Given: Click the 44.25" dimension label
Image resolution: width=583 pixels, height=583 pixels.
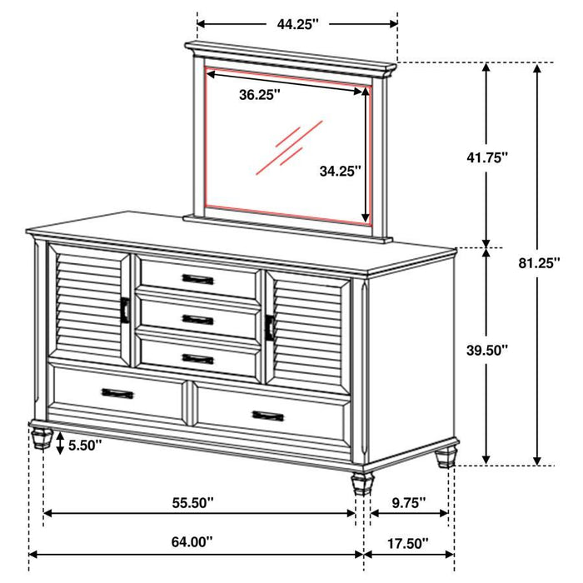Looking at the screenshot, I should [x=298, y=25].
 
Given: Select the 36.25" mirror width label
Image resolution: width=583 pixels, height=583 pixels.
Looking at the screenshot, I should [x=259, y=95].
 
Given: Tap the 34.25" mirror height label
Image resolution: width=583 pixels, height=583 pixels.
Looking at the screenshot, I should [x=340, y=172].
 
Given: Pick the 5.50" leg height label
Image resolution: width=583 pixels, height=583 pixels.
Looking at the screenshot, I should [x=83, y=446].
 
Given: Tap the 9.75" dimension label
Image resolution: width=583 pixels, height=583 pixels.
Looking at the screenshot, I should [x=407, y=502].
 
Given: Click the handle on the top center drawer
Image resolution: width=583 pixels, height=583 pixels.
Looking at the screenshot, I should [x=198, y=279].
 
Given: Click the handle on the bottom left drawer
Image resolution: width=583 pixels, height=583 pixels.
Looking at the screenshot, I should [x=117, y=393].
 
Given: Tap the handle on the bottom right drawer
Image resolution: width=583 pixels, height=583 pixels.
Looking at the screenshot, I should [x=267, y=415].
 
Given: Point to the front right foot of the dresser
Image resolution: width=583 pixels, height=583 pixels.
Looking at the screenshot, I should [x=361, y=484].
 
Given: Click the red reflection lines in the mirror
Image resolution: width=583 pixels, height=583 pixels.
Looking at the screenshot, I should [x=287, y=147].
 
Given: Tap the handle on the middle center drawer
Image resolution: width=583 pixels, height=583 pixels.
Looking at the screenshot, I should [x=198, y=319].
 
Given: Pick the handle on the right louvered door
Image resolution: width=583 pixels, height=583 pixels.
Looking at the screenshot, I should [x=270, y=327].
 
